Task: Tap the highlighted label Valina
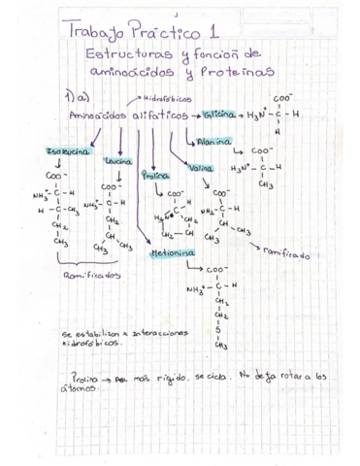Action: (201, 169)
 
